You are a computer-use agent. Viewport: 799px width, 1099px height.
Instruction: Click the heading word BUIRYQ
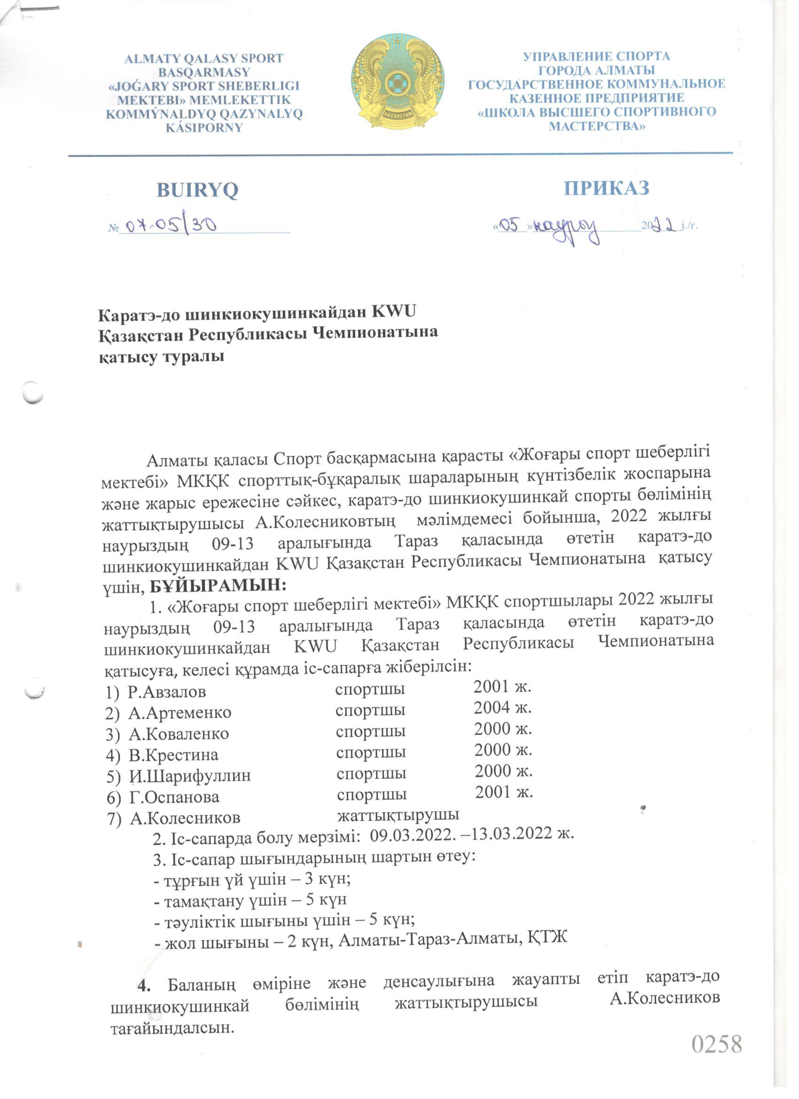pos(197,190)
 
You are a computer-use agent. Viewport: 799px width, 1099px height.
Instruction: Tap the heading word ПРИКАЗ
pos(606,188)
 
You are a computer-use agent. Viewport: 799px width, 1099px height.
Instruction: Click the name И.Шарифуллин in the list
pos(189,776)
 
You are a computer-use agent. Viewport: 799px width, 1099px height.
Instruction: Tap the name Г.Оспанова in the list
pos(174,797)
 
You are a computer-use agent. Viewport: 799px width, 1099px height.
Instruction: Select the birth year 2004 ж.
pos(502,708)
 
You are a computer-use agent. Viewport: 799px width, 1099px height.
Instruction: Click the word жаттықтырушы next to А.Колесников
pos(398,815)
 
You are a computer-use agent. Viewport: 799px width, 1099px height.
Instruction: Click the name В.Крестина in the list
pos(173,755)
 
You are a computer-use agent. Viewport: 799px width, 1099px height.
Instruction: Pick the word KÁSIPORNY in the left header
pos(204,128)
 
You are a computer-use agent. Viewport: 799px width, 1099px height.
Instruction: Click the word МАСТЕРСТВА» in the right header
pos(596,126)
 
